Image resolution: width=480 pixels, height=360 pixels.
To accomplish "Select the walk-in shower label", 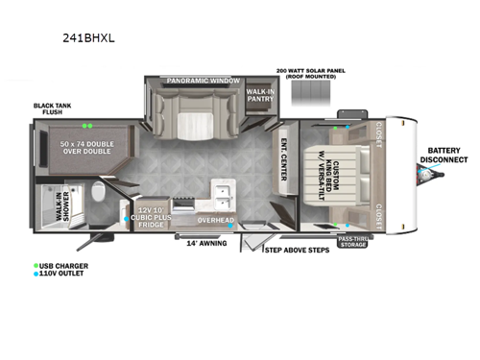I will click(x=58, y=205).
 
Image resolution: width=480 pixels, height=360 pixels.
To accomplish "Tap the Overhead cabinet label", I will click(x=216, y=221).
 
